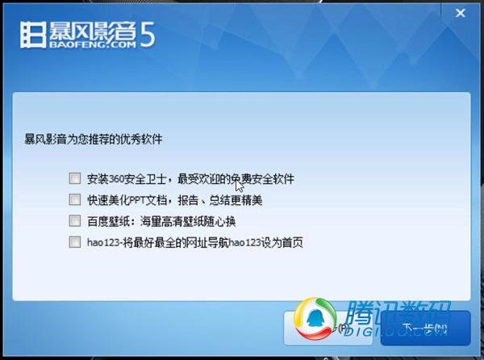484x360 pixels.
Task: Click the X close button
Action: [x=459, y=14]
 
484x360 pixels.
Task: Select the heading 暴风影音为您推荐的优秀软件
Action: [x=94, y=140]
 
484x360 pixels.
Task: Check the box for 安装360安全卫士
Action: [x=75, y=178]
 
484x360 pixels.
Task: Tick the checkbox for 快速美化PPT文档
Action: [x=75, y=199]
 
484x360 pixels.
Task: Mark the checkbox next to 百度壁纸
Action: [x=75, y=220]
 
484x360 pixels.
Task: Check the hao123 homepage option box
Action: [x=75, y=241]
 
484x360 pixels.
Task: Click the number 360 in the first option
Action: [x=115, y=178]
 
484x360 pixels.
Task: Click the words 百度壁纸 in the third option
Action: [x=106, y=220]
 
